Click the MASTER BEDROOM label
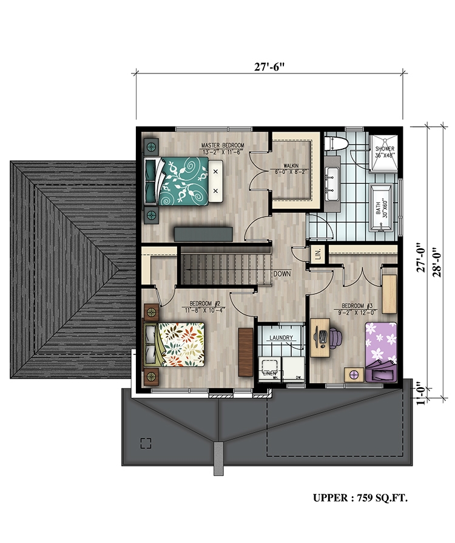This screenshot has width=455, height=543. pyautogui.click(x=223, y=146)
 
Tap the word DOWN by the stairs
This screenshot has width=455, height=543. pyautogui.click(x=282, y=274)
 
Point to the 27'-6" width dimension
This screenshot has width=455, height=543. pyautogui.click(x=269, y=67)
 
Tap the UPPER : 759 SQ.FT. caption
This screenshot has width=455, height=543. pyautogui.click(x=360, y=499)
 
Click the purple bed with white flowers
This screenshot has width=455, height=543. pyautogui.click(x=380, y=345)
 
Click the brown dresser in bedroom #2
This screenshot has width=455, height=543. pyautogui.click(x=245, y=351)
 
